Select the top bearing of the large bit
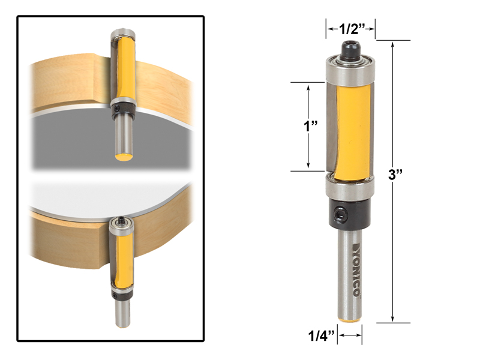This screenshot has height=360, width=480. point(351,68)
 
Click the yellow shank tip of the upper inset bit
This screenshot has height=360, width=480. point(124,156)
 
